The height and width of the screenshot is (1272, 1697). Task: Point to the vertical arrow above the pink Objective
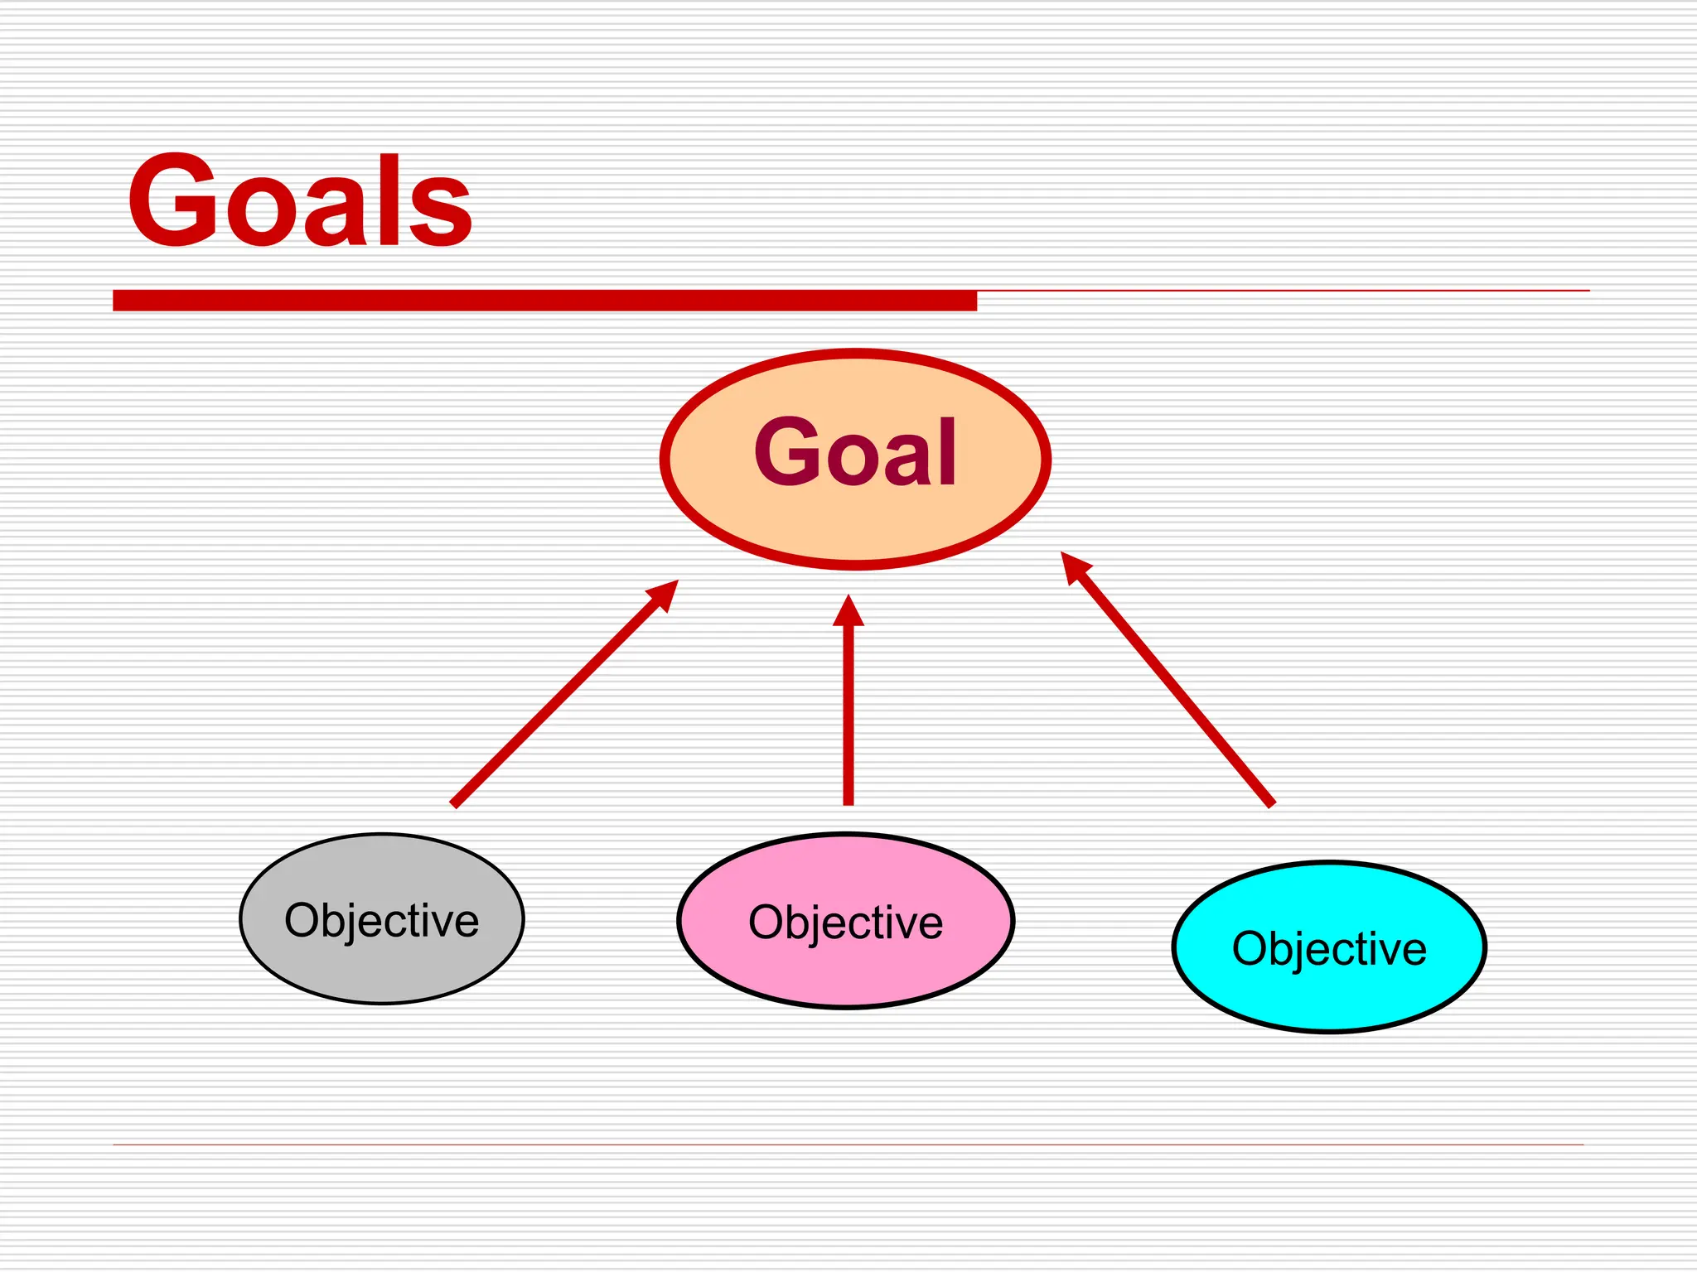click(848, 712)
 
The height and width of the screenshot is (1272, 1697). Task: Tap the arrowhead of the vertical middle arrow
click(848, 611)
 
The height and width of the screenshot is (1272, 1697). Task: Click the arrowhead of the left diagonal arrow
click(665, 594)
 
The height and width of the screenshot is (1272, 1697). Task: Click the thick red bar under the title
click(544, 300)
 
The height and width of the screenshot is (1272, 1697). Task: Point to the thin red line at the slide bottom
click(848, 1144)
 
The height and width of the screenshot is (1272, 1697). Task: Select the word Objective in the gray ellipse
click(382, 921)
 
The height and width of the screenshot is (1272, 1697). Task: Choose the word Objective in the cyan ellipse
click(1329, 949)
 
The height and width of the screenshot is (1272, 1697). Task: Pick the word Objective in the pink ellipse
click(845, 923)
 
